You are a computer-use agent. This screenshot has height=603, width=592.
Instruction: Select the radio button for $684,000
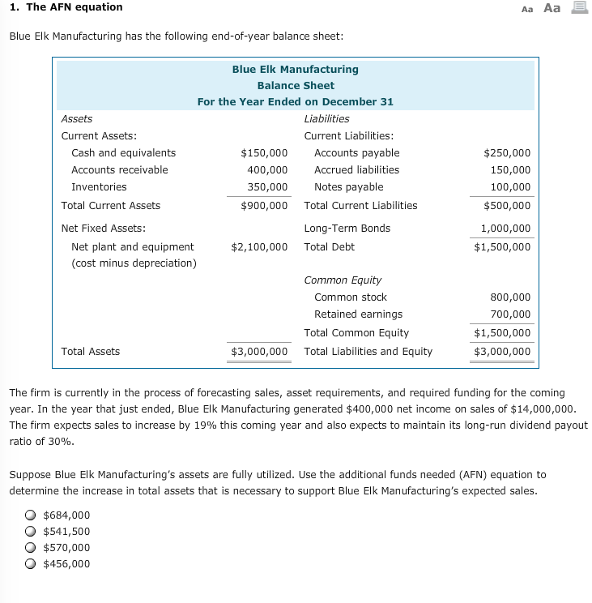pyautogui.click(x=30, y=515)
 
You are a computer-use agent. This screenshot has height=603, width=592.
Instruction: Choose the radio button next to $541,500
pyautogui.click(x=30, y=532)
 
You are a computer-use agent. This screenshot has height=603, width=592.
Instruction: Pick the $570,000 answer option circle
pyautogui.click(x=30, y=548)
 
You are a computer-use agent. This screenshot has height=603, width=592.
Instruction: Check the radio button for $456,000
pyautogui.click(x=30, y=564)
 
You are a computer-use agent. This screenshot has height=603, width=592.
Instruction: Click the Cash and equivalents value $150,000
pyautogui.click(x=264, y=153)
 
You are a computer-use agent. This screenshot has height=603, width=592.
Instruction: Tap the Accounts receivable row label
pyautogui.click(x=120, y=170)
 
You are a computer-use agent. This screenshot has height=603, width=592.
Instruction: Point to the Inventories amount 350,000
pyautogui.click(x=267, y=187)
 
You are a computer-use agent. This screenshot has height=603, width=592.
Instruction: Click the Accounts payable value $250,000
pyautogui.click(x=507, y=153)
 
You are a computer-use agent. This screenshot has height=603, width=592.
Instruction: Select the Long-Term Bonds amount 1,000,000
pyautogui.click(x=506, y=229)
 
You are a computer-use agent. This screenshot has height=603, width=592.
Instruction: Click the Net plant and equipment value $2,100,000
pyautogui.click(x=259, y=246)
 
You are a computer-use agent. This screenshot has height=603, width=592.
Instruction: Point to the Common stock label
pyautogui.click(x=350, y=297)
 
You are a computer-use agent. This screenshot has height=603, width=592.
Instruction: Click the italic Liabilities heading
pyautogui.click(x=326, y=118)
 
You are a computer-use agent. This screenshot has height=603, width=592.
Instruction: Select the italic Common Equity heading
pyautogui.click(x=343, y=280)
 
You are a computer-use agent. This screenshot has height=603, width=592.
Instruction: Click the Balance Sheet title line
pyautogui.click(x=296, y=86)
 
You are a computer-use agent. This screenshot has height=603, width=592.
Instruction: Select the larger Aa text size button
pyautogui.click(x=552, y=8)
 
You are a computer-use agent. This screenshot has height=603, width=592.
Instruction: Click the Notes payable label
pyautogui.click(x=348, y=187)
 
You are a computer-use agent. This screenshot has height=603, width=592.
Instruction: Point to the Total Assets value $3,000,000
pyautogui.click(x=259, y=352)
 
